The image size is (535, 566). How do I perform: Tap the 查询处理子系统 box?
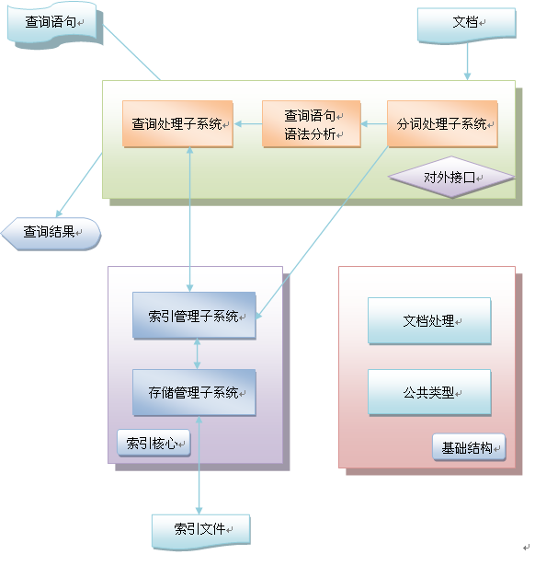coord(177,124)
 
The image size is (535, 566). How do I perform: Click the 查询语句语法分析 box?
coord(312,124)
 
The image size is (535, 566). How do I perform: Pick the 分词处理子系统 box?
coord(442,124)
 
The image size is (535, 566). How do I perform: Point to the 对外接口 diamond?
coord(451,177)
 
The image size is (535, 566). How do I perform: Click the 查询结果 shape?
coord(51,234)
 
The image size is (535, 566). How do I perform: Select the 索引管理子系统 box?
coord(194,316)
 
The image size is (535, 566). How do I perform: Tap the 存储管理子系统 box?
coord(194,392)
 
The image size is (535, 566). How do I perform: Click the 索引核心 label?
coord(154,443)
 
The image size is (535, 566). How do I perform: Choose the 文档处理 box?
coord(429,320)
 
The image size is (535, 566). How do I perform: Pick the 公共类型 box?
coord(429,392)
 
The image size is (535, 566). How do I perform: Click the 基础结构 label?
coord(469,447)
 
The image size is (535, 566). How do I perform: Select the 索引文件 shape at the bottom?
coord(201,532)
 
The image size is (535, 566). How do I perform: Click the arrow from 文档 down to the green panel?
coord(467,62)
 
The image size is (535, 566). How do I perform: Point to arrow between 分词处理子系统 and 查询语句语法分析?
coord(374,124)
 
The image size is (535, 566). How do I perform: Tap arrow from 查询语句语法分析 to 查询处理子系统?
coord(248,124)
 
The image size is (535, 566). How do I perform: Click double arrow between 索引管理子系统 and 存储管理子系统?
coord(197,353)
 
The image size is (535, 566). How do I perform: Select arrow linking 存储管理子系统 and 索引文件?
coord(199,466)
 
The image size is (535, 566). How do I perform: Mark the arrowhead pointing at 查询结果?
coord(59,214)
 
